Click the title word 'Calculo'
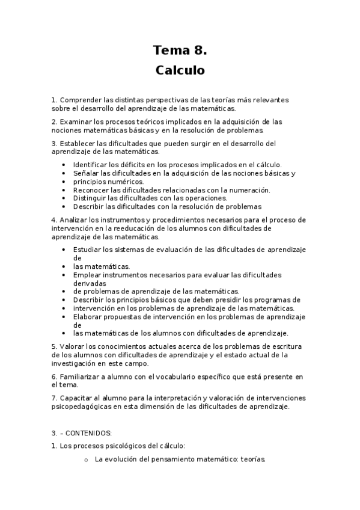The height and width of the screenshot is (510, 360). coord(180,70)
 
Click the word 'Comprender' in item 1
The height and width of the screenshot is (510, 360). coord(79,99)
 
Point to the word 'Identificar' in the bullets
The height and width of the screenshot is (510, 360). coord(90,164)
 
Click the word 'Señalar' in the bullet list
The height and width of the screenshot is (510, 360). coord(85,173)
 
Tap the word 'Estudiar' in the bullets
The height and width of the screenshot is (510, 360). coord(88,249)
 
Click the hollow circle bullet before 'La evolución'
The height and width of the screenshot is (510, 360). coord(86,459)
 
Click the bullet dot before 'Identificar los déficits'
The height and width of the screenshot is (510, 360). coord(64,164)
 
